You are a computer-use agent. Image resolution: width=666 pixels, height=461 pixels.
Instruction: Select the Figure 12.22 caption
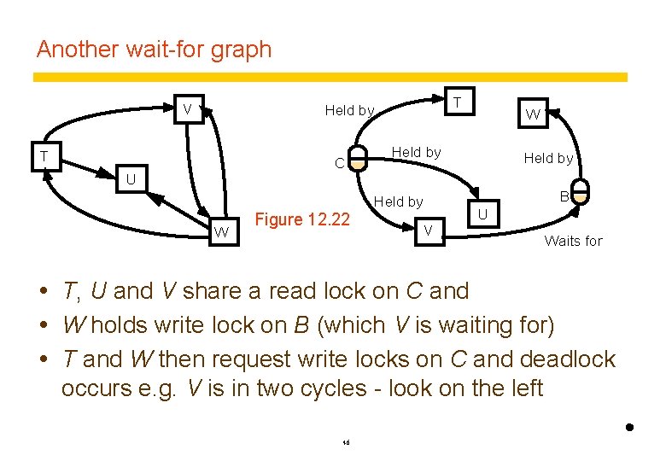point(303,219)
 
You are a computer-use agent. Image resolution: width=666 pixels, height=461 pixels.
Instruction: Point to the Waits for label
point(573,241)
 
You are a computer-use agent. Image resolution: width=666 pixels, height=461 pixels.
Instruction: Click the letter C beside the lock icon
point(339,162)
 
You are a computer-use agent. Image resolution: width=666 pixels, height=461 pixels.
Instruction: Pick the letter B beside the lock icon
point(564,197)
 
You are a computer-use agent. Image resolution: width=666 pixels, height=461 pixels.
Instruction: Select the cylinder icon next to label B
point(581,191)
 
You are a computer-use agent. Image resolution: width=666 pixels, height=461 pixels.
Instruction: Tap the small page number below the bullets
point(346,442)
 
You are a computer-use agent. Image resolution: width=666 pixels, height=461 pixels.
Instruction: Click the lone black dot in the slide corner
point(629,426)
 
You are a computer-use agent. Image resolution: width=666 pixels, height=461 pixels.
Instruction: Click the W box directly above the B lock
point(533,114)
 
